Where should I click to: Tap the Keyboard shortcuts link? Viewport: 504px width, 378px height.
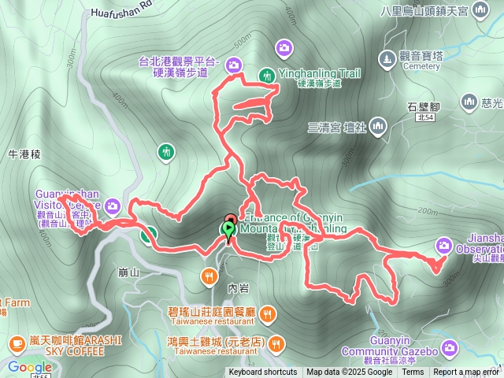[x=263, y=372]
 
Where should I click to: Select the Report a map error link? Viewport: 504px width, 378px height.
[x=466, y=372]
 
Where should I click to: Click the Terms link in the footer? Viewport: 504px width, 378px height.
[x=413, y=372]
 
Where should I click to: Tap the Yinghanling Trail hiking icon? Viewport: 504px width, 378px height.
[x=267, y=75]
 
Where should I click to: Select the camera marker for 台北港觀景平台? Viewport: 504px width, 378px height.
[x=235, y=65]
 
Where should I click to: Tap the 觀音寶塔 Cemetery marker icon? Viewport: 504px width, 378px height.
[x=386, y=58]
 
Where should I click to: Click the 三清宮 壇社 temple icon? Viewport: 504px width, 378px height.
[x=378, y=125]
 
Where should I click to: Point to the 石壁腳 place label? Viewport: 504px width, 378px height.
[x=423, y=105]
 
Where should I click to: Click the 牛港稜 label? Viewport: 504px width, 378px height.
[x=24, y=155]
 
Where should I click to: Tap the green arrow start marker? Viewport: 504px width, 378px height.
[x=228, y=231]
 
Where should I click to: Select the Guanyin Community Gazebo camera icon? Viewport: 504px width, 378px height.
[x=450, y=346]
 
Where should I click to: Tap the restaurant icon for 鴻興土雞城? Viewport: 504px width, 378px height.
[x=276, y=343]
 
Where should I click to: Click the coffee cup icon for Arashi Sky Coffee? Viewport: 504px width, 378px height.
[x=17, y=343]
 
